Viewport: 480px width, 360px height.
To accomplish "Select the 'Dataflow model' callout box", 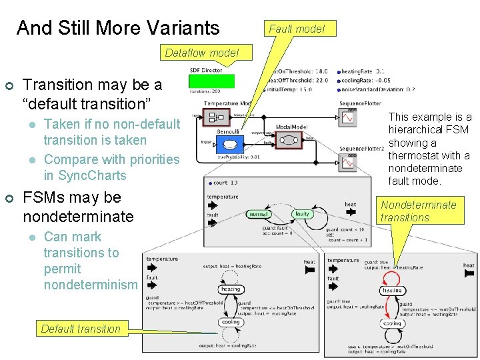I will point(201,53).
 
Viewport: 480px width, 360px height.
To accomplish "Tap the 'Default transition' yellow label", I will point(81,328).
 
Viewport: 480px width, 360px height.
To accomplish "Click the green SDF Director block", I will point(211,81).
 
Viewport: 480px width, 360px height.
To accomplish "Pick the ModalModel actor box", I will point(291,139).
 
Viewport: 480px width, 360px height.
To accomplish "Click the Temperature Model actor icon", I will point(216,118).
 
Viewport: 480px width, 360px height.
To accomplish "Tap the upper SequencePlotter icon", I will point(348,118).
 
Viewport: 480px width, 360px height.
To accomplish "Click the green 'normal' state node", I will point(259,215).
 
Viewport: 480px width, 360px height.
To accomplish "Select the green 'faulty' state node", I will point(302,214).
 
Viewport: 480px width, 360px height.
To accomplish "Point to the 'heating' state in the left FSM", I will point(230,289).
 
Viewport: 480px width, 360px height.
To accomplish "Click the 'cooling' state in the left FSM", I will point(230,322).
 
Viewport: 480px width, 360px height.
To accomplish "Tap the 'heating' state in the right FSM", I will point(392,290).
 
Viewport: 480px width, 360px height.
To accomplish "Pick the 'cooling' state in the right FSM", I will point(392,323).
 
